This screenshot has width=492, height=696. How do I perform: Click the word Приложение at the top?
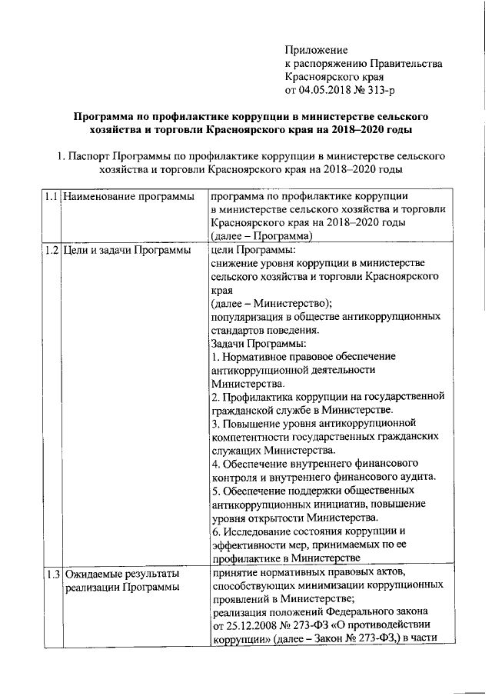tap(316, 49)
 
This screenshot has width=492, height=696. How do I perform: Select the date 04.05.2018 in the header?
tap(326, 91)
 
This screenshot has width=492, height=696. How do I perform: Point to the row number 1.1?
tap(51, 197)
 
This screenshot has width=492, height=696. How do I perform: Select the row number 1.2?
tap(51, 250)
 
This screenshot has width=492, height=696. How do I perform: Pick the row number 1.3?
tap(51, 573)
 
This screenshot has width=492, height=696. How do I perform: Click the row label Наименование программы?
tap(128, 197)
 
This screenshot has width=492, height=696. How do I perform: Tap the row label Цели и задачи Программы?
tap(126, 250)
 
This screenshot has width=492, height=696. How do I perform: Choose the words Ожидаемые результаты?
tap(121, 573)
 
